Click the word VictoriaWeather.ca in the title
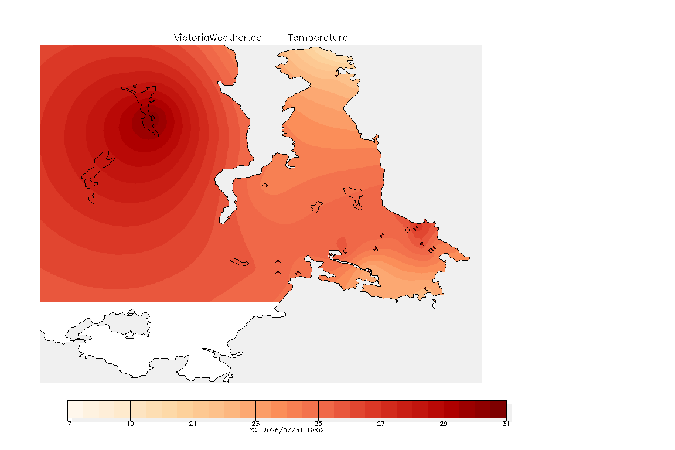218,38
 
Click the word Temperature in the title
318,38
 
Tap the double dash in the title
275,38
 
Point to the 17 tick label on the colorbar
67,424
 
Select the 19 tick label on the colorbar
130,424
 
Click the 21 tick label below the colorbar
193,424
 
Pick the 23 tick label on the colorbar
255,424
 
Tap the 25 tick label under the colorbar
318,424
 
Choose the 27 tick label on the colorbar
381,424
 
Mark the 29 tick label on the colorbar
444,424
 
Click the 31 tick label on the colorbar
506,424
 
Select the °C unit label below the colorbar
254,430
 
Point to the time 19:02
315,430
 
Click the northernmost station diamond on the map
337,74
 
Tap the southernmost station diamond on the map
427,288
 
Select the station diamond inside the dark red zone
135,86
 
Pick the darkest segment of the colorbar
499,409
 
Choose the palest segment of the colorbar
76,409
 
